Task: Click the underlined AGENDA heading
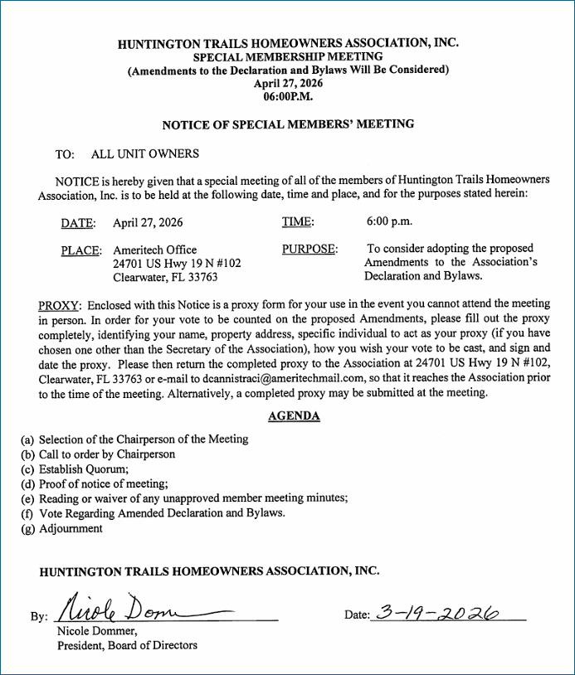[295, 416]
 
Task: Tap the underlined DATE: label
[78, 223]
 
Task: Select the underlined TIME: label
[298, 222]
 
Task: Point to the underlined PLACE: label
[81, 250]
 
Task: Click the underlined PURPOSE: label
[310, 249]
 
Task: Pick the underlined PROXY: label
[60, 304]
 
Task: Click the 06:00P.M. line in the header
[288, 96]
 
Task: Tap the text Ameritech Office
[155, 250]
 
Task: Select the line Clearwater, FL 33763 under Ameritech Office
[165, 278]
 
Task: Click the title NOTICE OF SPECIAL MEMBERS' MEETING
[288, 124]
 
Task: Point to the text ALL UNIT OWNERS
[145, 154]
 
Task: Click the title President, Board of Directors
[127, 645]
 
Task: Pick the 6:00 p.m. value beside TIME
[389, 221]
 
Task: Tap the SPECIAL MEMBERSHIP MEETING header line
[288, 56]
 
